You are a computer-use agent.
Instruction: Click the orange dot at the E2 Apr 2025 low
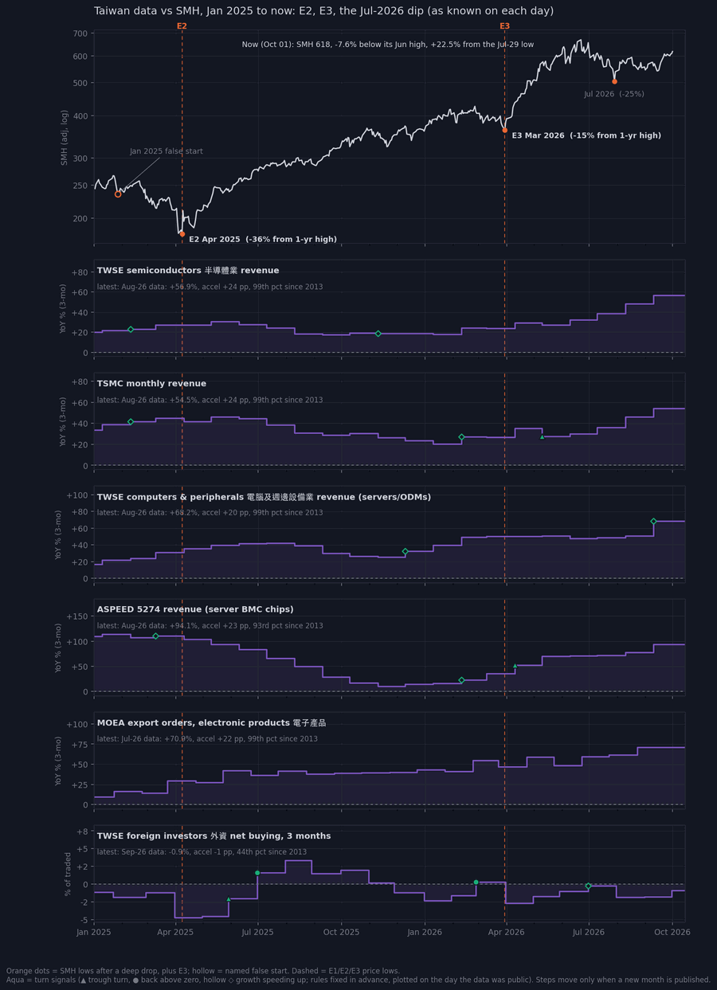(182, 234)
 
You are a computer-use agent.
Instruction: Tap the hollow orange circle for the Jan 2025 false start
(118, 194)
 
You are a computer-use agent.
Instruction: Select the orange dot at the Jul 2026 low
(614, 82)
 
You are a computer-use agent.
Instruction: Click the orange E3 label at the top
(504, 26)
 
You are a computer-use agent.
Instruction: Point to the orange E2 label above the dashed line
(182, 26)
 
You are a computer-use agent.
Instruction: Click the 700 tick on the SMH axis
(80, 33)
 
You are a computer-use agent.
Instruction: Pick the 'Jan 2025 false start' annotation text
(167, 151)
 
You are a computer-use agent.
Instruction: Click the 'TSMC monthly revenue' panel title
(151, 384)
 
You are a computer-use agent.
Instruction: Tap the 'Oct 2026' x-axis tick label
(672, 932)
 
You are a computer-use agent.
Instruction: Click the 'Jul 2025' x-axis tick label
(257, 932)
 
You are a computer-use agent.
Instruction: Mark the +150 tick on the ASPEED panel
(77, 616)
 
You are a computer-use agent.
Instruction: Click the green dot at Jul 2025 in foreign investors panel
(257, 873)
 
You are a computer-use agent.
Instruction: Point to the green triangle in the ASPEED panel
(515, 666)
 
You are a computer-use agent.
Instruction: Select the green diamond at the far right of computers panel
(653, 522)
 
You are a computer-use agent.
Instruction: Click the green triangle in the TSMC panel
(543, 437)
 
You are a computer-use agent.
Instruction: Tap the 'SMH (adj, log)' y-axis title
(64, 138)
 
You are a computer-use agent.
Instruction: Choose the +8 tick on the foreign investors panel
(82, 832)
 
